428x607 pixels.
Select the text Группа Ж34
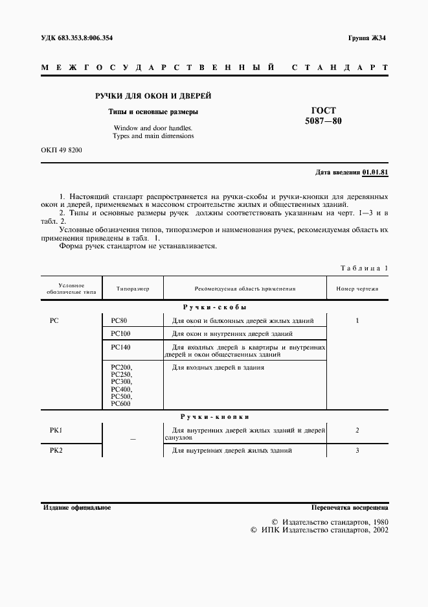(x=367, y=38)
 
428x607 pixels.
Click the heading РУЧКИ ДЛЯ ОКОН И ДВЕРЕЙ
(x=153, y=96)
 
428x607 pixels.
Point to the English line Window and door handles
(x=153, y=128)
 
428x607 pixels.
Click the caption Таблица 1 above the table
(x=364, y=268)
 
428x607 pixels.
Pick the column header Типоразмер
(x=133, y=289)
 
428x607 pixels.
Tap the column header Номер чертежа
(x=357, y=289)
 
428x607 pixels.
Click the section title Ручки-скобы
(x=214, y=307)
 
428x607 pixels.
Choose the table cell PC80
(x=119, y=320)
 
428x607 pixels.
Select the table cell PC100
(x=120, y=333)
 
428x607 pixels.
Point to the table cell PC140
(x=120, y=347)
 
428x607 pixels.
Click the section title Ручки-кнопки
(x=214, y=416)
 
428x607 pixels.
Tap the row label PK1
(x=56, y=430)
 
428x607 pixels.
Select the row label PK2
(x=56, y=450)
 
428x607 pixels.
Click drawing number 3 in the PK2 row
(x=357, y=450)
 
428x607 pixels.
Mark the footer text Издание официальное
(x=77, y=507)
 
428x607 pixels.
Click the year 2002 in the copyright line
(x=376, y=530)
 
